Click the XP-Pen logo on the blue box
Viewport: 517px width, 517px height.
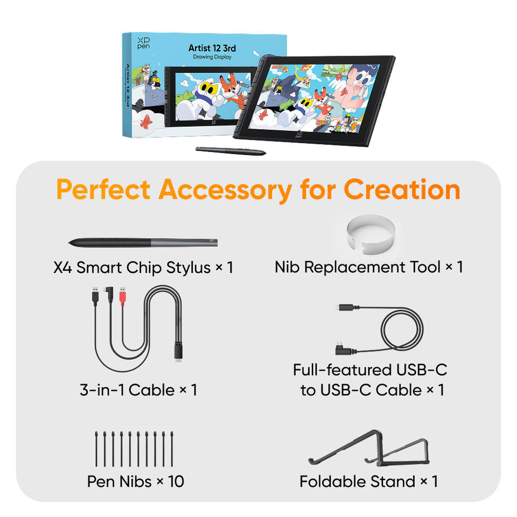pyautogui.click(x=143, y=43)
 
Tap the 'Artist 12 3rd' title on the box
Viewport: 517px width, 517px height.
pyautogui.click(x=212, y=48)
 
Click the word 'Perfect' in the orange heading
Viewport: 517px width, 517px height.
pyautogui.click(x=103, y=190)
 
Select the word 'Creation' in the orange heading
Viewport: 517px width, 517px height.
pyautogui.click(x=402, y=190)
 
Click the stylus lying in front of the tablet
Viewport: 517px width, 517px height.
pyautogui.click(x=230, y=151)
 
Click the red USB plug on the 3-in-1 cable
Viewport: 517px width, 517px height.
pyautogui.click(x=123, y=296)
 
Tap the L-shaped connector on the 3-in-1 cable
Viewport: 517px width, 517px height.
pyautogui.click(x=109, y=295)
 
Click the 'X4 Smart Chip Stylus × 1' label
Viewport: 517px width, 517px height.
pyautogui.click(x=143, y=268)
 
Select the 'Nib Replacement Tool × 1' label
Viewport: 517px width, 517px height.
pyautogui.click(x=369, y=267)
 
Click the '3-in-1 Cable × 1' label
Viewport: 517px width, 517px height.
pyautogui.click(x=138, y=390)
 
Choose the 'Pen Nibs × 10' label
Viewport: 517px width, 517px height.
pyautogui.click(x=136, y=481)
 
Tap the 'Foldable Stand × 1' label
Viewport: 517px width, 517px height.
pyautogui.click(x=369, y=481)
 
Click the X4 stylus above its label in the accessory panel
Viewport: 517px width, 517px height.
pyautogui.click(x=143, y=243)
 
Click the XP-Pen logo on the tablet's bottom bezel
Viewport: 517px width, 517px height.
pyautogui.click(x=299, y=135)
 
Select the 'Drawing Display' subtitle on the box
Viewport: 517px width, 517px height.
pyautogui.click(x=212, y=57)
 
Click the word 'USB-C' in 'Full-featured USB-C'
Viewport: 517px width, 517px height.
pyautogui.click(x=422, y=370)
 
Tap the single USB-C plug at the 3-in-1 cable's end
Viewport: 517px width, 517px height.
pyautogui.click(x=178, y=353)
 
